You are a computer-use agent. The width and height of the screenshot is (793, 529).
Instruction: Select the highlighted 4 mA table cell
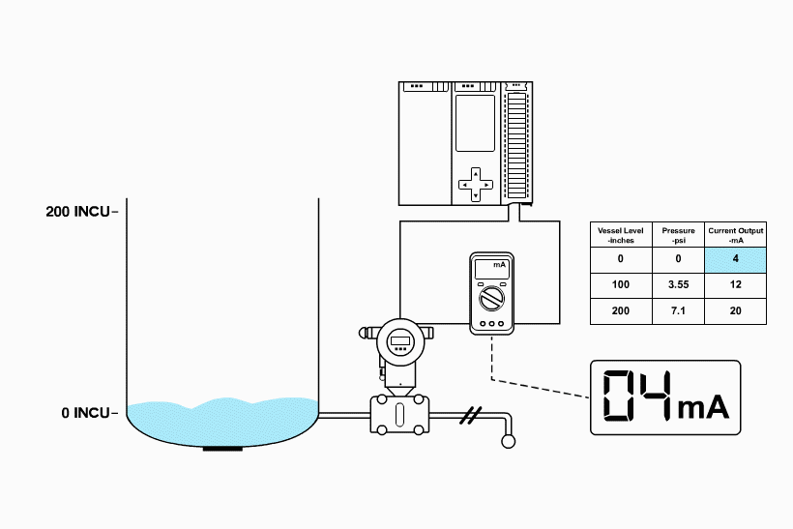click(x=736, y=259)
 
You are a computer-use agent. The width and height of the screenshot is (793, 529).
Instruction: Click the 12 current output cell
click(x=736, y=285)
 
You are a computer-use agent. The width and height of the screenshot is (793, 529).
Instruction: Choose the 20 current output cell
click(x=736, y=311)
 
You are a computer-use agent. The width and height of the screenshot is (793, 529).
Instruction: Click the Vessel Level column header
click(x=621, y=234)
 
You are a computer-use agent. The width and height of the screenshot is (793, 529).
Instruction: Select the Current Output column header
click(x=736, y=234)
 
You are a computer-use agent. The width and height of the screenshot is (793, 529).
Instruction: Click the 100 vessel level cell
click(x=621, y=285)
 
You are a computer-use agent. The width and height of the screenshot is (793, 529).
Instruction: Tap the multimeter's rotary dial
click(x=492, y=296)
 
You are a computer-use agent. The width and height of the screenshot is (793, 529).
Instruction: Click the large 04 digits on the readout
click(x=636, y=397)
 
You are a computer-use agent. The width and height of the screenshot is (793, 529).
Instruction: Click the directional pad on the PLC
click(x=475, y=183)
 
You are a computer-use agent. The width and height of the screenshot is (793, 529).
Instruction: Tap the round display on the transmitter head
click(x=400, y=340)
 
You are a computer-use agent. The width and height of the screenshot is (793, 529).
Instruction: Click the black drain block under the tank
click(x=222, y=448)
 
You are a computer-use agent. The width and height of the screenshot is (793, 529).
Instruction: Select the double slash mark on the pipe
click(x=470, y=416)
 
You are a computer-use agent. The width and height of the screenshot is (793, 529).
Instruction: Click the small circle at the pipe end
click(x=507, y=442)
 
